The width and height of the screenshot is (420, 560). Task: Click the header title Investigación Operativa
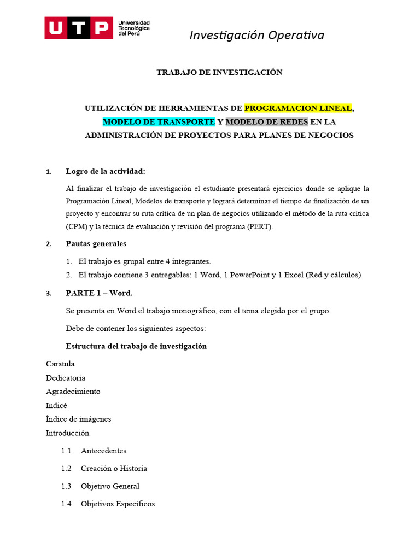click(x=256, y=36)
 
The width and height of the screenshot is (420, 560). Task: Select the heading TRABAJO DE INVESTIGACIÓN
click(x=219, y=72)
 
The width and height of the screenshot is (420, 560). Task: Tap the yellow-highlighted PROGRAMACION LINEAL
click(x=298, y=108)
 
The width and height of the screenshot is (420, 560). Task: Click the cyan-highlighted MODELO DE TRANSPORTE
click(x=159, y=121)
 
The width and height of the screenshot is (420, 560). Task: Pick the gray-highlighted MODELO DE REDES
click(x=267, y=121)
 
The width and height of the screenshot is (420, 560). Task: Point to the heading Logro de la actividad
click(x=106, y=171)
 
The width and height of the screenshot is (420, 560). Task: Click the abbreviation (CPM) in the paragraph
click(x=77, y=226)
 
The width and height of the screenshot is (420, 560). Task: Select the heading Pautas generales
click(x=96, y=243)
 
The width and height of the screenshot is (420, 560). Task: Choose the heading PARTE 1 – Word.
click(x=99, y=293)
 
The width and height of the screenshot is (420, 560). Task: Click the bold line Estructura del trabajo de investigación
click(x=136, y=346)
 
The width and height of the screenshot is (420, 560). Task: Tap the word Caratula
click(x=60, y=364)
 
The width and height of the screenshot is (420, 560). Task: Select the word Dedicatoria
click(x=66, y=378)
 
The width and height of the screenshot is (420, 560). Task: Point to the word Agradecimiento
click(x=73, y=392)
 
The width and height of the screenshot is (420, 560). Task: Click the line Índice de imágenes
click(x=78, y=419)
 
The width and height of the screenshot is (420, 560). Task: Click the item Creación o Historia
click(x=114, y=468)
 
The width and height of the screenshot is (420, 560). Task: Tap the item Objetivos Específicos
click(x=118, y=504)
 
